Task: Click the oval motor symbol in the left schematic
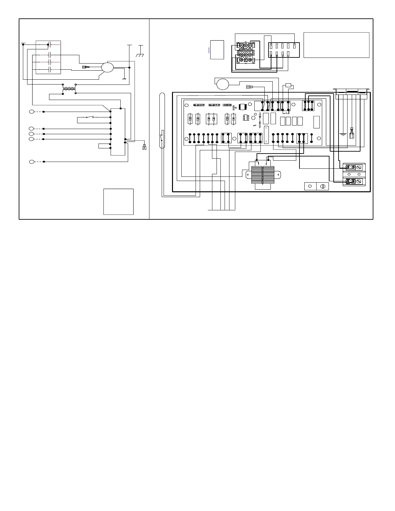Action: [x=107, y=67]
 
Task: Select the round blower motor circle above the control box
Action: [x=222, y=84]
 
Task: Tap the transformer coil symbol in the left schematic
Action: [x=69, y=87]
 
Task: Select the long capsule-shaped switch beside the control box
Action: [x=162, y=120]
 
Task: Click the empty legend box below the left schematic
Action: [x=118, y=202]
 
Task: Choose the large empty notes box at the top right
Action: [x=336, y=45]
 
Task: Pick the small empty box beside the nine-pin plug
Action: [x=217, y=50]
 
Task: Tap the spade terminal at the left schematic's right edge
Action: [x=144, y=148]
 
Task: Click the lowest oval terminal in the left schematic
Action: [x=32, y=162]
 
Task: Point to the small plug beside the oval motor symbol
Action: [x=86, y=67]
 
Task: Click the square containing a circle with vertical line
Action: [x=322, y=186]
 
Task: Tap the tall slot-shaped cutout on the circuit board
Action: [x=266, y=135]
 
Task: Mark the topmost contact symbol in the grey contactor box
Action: [x=49, y=44]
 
